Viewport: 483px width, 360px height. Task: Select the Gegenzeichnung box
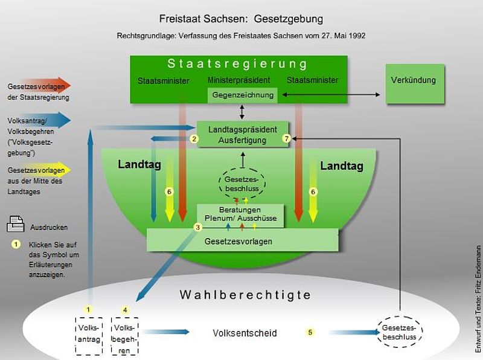click(x=243, y=95)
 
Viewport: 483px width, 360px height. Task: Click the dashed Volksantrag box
click(x=88, y=335)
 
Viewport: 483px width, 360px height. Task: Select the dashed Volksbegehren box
click(x=125, y=335)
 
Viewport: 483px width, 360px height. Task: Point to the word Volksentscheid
click(x=245, y=333)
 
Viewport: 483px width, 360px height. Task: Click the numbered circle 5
click(x=310, y=332)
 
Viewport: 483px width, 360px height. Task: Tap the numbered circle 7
click(x=287, y=139)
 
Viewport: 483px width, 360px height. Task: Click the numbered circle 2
click(x=194, y=139)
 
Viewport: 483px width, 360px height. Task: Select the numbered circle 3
click(x=197, y=227)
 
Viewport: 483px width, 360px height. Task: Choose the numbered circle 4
click(x=125, y=310)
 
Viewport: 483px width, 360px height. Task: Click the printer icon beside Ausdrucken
click(x=15, y=224)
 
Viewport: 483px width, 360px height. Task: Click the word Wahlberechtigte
click(x=245, y=295)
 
